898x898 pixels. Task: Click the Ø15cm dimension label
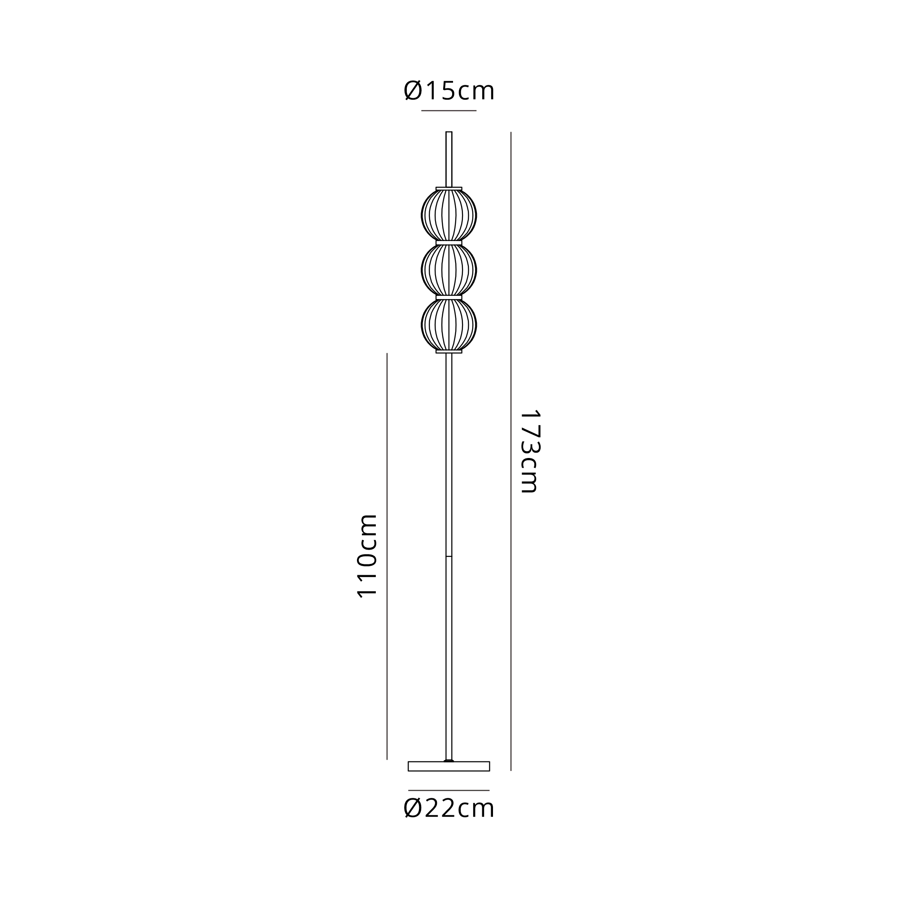449,90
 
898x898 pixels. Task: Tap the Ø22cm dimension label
449,808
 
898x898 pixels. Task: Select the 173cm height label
529,451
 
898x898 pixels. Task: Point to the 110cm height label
367,555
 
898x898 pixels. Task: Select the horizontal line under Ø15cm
449,110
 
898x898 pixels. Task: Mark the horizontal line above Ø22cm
449,790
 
